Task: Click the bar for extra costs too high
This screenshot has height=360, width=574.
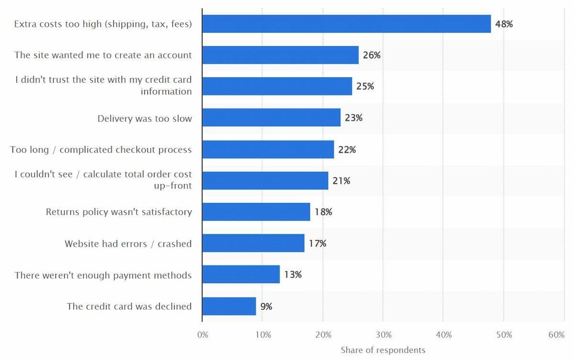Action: coord(346,24)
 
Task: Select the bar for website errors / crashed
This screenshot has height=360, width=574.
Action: coord(253,243)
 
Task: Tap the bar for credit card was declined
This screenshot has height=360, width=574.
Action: coord(229,306)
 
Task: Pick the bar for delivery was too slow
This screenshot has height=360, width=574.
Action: coord(271,118)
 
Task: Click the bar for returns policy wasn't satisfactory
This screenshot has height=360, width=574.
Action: coord(256,212)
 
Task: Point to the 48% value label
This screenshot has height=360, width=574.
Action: coord(504,24)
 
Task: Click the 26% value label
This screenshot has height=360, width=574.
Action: coord(372,55)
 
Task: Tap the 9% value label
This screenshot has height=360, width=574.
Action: coord(266,306)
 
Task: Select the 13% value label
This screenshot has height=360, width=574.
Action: coord(293,275)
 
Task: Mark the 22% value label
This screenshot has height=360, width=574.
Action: coord(347,150)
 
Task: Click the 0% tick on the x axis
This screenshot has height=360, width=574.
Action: coord(203,335)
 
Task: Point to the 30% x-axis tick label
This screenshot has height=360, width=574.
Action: coord(383,335)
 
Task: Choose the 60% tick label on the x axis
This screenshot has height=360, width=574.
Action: coord(556,335)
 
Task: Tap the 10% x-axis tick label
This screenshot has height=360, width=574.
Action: coord(263,335)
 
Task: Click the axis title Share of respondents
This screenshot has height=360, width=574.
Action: coord(383,350)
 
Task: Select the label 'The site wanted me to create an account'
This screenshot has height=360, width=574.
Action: coord(103,55)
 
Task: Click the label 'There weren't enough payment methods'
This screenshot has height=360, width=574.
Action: coord(103,275)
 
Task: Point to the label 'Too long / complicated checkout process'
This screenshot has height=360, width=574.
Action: coord(101,150)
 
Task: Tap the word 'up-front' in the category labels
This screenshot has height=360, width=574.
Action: coord(173,186)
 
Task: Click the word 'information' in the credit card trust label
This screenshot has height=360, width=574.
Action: coord(166,91)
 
